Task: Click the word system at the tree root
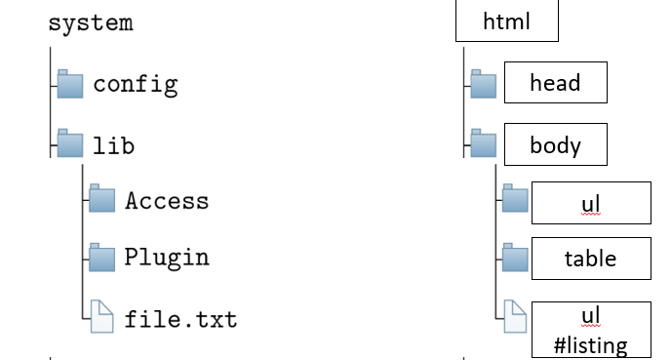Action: [x=91, y=23]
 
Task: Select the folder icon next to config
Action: [x=71, y=85]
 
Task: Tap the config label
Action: [x=136, y=84]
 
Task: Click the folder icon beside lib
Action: [x=71, y=144]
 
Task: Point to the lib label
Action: [x=113, y=145]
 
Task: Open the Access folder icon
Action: [x=102, y=199]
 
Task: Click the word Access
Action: [x=167, y=201]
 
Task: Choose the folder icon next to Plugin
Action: [x=102, y=258]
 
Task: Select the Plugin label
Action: [x=167, y=259]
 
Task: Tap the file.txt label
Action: [x=180, y=319]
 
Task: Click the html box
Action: [x=506, y=21]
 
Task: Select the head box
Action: [x=555, y=83]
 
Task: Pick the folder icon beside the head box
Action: [x=483, y=84]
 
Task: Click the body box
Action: [x=555, y=145]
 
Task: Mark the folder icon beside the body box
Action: [x=483, y=145]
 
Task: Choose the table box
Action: [x=590, y=259]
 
